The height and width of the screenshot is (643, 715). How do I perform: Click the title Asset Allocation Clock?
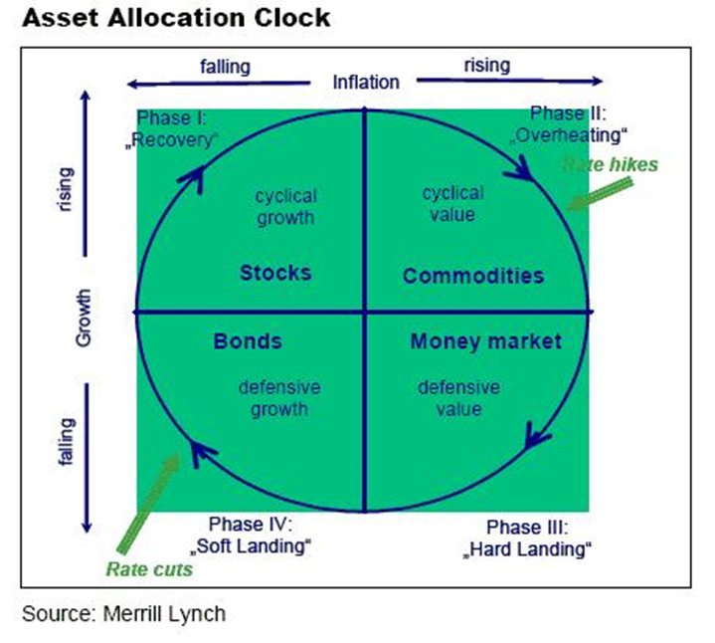tap(175, 18)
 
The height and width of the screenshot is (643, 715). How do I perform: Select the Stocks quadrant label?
tap(275, 273)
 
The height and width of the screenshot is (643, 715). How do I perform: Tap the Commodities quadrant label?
tap(473, 276)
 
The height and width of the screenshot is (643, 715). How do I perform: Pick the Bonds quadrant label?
tap(248, 341)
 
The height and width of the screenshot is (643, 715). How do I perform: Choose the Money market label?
tap(485, 341)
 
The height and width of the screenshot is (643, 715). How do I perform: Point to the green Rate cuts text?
tap(149, 569)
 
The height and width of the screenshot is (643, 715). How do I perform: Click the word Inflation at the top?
tap(366, 82)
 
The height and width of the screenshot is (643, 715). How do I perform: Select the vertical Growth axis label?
tap(84, 318)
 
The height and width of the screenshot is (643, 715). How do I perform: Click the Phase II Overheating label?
tap(569, 122)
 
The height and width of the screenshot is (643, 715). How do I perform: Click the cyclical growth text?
tap(284, 206)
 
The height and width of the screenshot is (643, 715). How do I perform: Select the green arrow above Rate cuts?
tap(148, 504)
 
